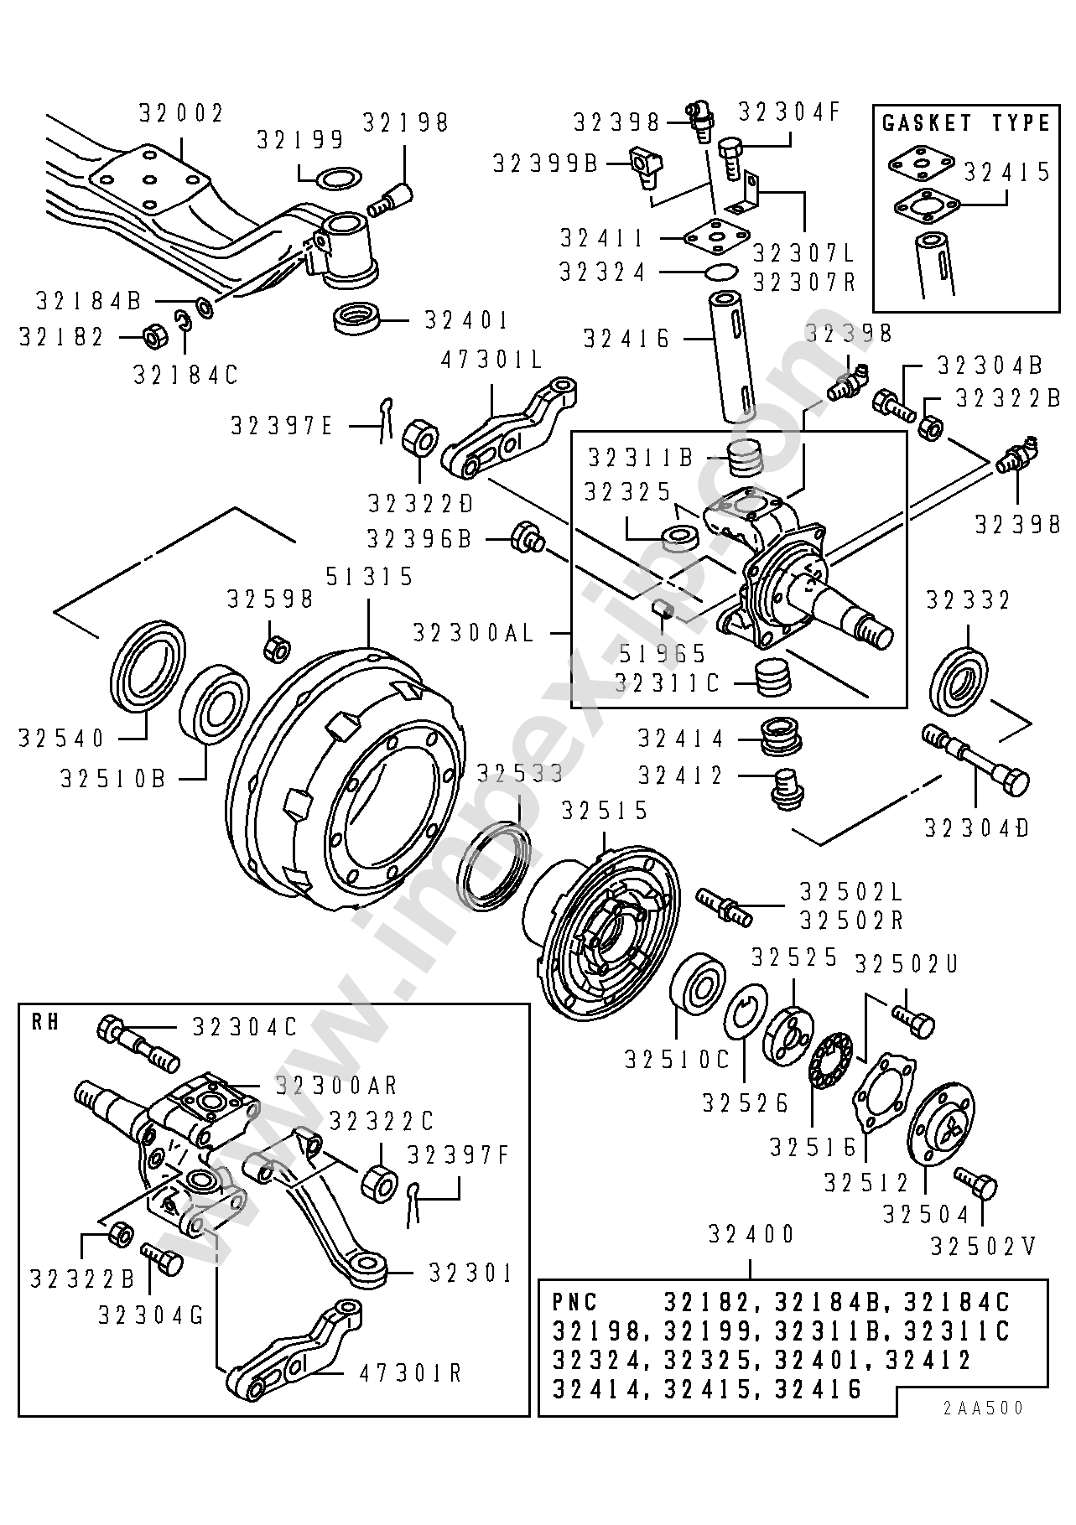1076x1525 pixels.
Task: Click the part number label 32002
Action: click(181, 113)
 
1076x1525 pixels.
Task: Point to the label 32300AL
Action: click(474, 632)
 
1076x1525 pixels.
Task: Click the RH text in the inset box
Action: click(45, 1024)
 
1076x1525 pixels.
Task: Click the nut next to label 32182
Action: click(154, 337)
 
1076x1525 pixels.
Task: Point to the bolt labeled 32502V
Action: click(975, 1185)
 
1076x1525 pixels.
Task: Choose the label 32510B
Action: click(112, 778)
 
